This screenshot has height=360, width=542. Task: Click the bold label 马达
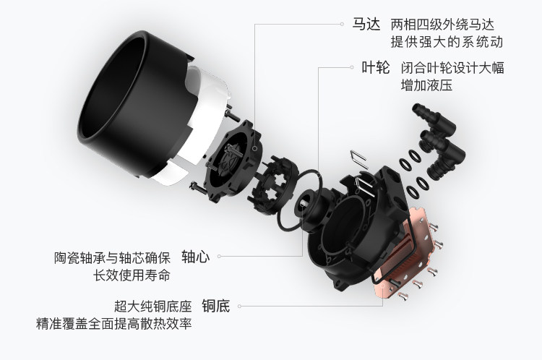[366, 25]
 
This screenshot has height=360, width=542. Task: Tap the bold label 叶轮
[376, 67]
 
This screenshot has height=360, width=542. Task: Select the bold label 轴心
[196, 257]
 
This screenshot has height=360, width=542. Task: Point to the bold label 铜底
[216, 306]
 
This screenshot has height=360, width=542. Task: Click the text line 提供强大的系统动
[447, 42]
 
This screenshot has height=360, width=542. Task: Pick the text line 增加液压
[426, 85]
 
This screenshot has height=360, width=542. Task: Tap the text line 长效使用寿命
[132, 275]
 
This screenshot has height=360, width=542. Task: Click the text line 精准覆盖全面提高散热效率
[113, 324]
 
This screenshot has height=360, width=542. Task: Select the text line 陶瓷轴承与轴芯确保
[112, 258]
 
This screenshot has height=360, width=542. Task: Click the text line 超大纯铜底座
[153, 307]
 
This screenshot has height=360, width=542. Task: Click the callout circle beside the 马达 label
[342, 24]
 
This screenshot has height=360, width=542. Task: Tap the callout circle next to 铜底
[239, 306]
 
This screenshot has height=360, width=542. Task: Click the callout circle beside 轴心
[219, 257]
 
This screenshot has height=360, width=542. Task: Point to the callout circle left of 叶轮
[352, 67]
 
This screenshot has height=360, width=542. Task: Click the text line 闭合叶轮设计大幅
[452, 68]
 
